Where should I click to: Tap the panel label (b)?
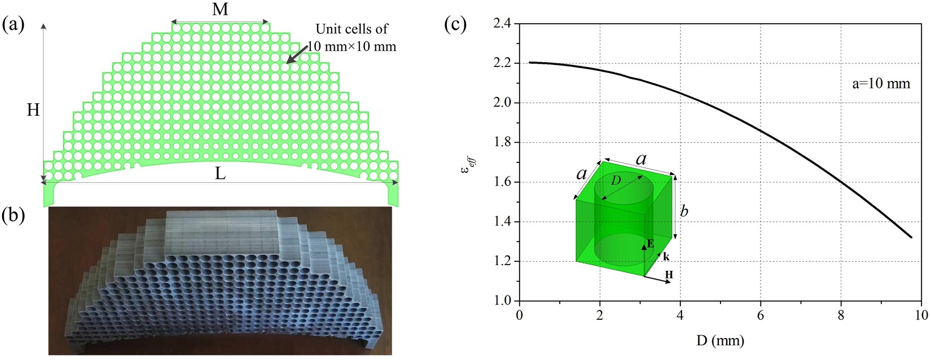[14, 216]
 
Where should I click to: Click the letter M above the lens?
[220, 10]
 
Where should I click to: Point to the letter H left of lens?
[33, 109]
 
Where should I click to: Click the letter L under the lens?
[220, 174]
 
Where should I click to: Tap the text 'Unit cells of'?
[352, 29]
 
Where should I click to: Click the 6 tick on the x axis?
[761, 315]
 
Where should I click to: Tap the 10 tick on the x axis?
[921, 315]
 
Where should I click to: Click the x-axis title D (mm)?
[719, 340]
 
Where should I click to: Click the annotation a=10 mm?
[881, 84]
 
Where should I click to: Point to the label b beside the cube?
[684, 212]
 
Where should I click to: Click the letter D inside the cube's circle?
[616, 180]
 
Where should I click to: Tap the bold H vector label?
[669, 275]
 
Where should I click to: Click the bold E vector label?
[651, 244]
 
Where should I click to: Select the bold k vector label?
[666, 257]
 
